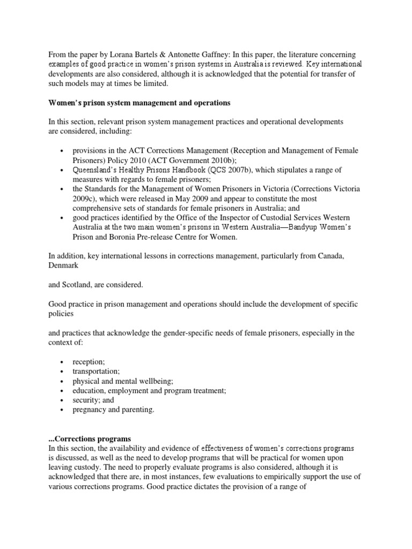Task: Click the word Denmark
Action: click(63, 265)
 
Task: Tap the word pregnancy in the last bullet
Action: click(90, 410)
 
